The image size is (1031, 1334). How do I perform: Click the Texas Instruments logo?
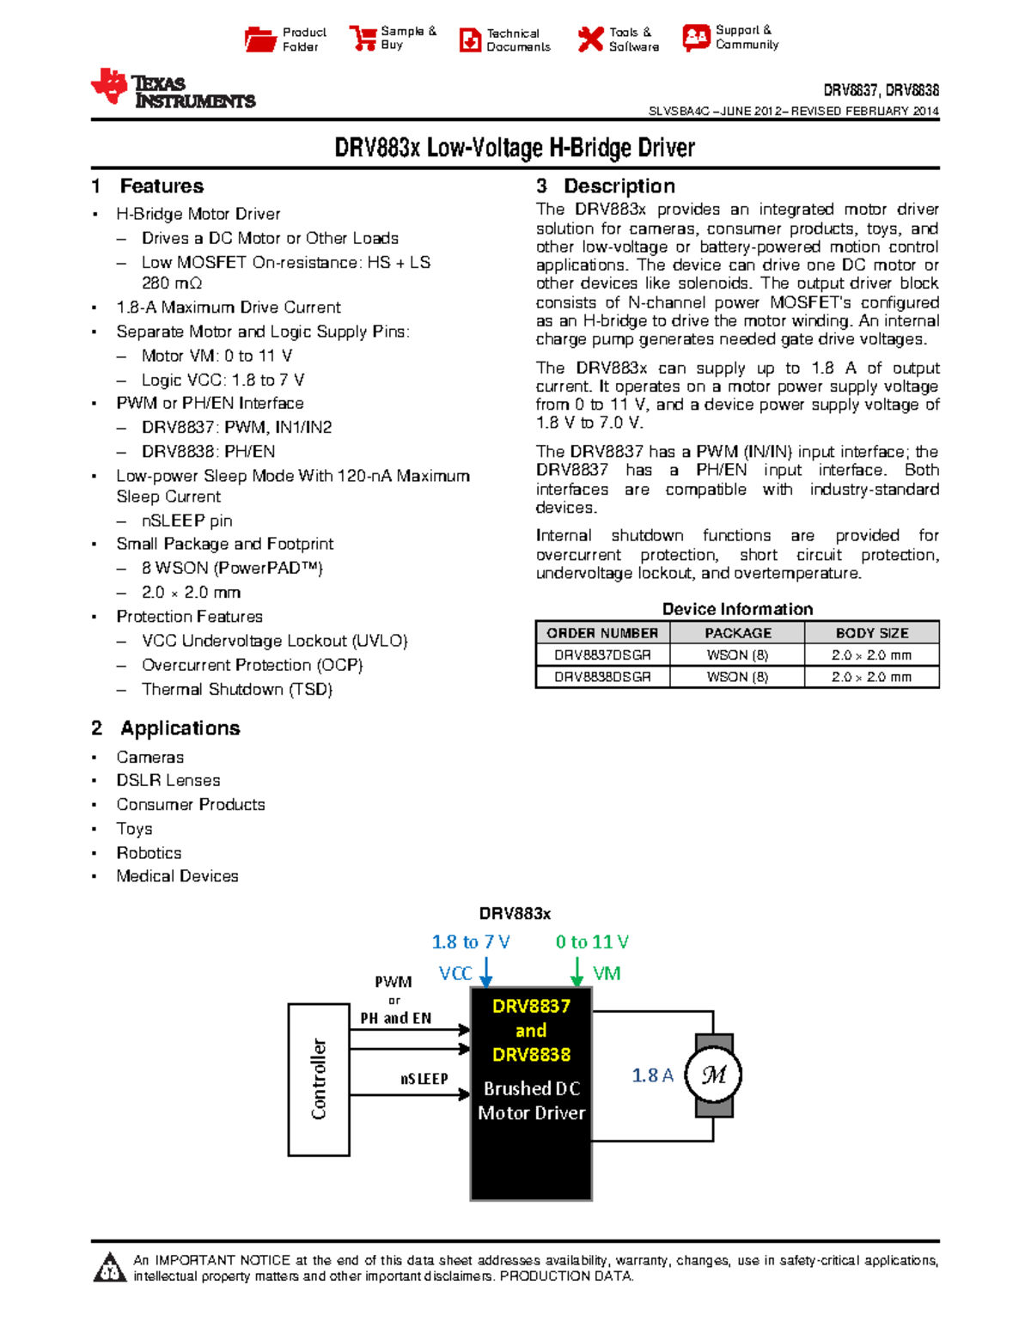point(173,88)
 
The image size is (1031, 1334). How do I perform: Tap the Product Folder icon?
point(259,40)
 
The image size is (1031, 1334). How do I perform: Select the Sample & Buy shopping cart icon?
point(363,39)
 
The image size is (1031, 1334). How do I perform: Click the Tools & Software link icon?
point(590,39)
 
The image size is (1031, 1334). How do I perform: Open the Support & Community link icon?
point(696,37)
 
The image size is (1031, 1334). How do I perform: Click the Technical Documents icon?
point(470,40)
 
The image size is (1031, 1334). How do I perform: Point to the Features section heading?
point(162,186)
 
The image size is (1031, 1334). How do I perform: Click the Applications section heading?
point(180,728)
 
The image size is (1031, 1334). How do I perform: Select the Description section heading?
point(619,186)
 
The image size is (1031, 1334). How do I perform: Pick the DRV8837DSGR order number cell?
point(602,655)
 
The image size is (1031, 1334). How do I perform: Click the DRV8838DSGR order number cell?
point(602,677)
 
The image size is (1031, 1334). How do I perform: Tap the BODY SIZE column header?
point(872,633)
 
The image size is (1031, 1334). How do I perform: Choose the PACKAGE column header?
point(738,633)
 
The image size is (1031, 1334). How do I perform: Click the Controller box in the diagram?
point(319,1079)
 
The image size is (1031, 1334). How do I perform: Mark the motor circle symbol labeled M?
point(713,1075)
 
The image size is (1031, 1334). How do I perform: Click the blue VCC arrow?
point(486,972)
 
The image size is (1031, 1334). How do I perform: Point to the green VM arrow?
point(577,972)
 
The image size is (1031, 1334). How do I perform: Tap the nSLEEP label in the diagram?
point(424,1079)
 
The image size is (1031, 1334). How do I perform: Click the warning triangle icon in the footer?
point(109,1268)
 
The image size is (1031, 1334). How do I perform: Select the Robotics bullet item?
point(149,853)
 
